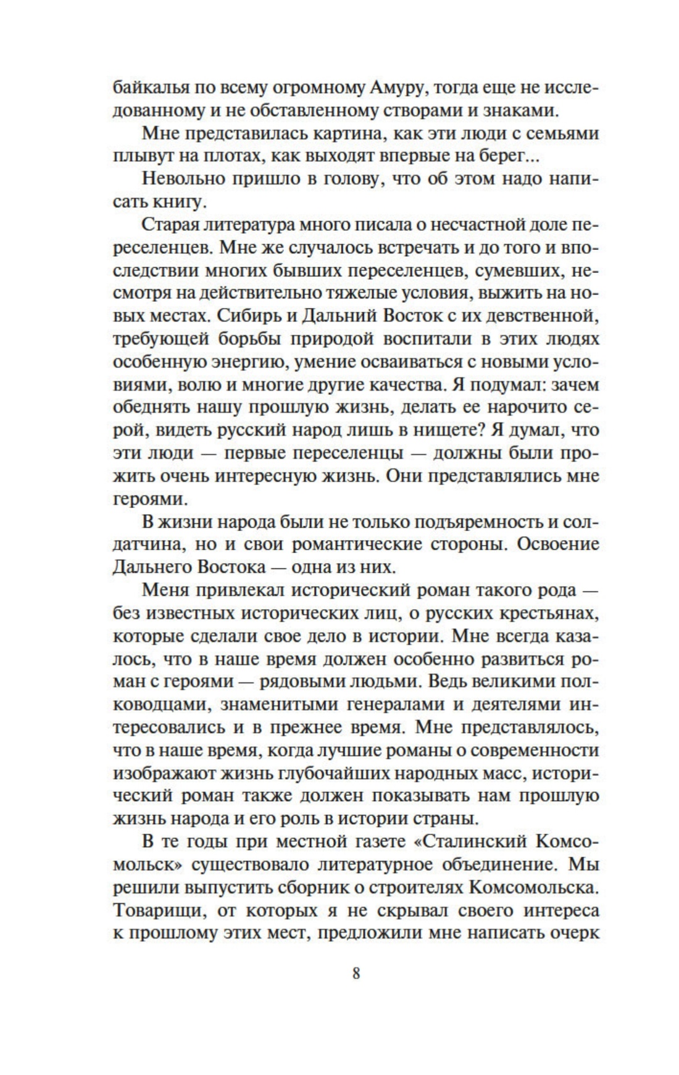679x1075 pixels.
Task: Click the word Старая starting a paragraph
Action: point(169,225)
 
